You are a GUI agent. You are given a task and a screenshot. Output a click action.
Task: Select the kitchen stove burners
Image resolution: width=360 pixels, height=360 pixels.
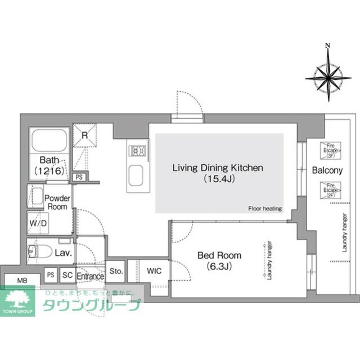pyautogui.click(x=138, y=150)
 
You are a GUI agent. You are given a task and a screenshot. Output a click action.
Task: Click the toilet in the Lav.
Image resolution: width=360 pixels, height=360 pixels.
pyautogui.click(x=40, y=251)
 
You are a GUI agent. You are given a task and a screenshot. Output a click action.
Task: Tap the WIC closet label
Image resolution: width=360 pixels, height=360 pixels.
pyautogui.click(x=155, y=271)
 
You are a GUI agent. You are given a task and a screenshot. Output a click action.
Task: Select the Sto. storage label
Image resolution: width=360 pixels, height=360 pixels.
pyautogui.click(x=116, y=271)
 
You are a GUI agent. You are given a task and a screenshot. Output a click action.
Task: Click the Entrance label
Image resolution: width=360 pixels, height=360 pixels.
pyautogui.click(x=90, y=276)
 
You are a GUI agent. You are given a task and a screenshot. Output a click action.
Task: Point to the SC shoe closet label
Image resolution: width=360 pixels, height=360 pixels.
pyautogui.click(x=67, y=276)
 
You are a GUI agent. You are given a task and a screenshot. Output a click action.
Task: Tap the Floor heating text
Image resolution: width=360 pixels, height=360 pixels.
pyautogui.click(x=264, y=209)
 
